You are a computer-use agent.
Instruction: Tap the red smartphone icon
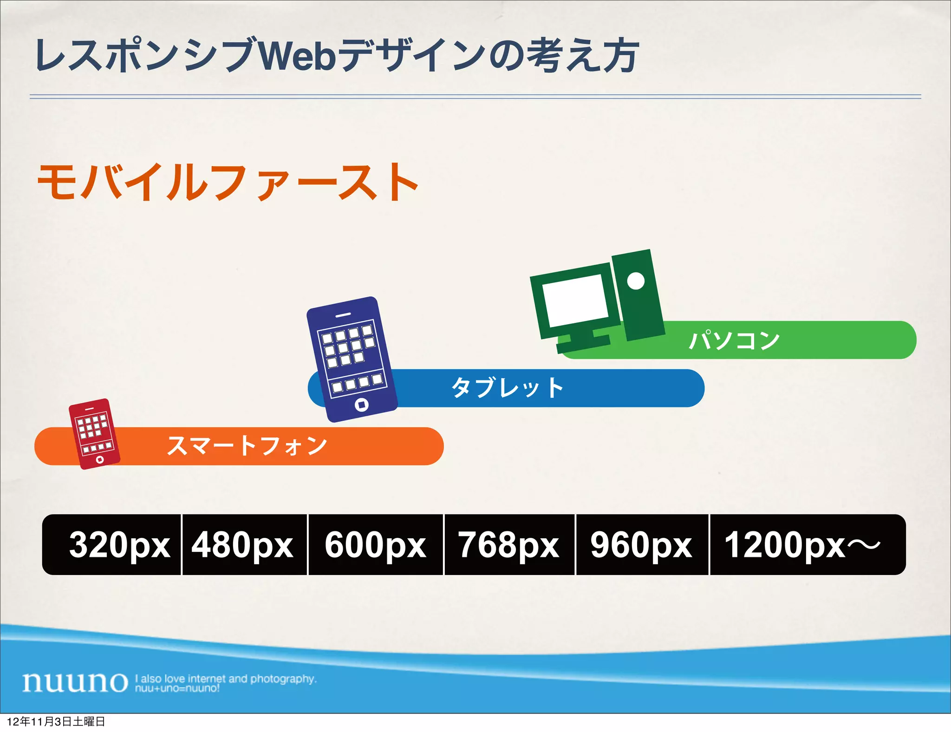(x=94, y=434)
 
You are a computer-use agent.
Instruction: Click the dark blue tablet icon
(x=352, y=359)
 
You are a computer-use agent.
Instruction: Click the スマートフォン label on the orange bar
(x=247, y=446)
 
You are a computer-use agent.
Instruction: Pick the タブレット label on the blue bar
(x=508, y=388)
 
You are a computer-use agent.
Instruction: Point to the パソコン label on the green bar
(x=734, y=340)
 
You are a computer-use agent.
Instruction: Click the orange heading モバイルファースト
(x=228, y=183)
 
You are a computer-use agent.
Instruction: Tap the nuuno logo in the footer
(x=75, y=682)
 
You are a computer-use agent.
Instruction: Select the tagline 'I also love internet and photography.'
(x=226, y=679)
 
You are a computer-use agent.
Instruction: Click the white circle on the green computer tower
(x=636, y=281)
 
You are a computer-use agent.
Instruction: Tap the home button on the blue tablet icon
(x=362, y=405)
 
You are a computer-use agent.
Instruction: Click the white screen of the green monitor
(x=576, y=300)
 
